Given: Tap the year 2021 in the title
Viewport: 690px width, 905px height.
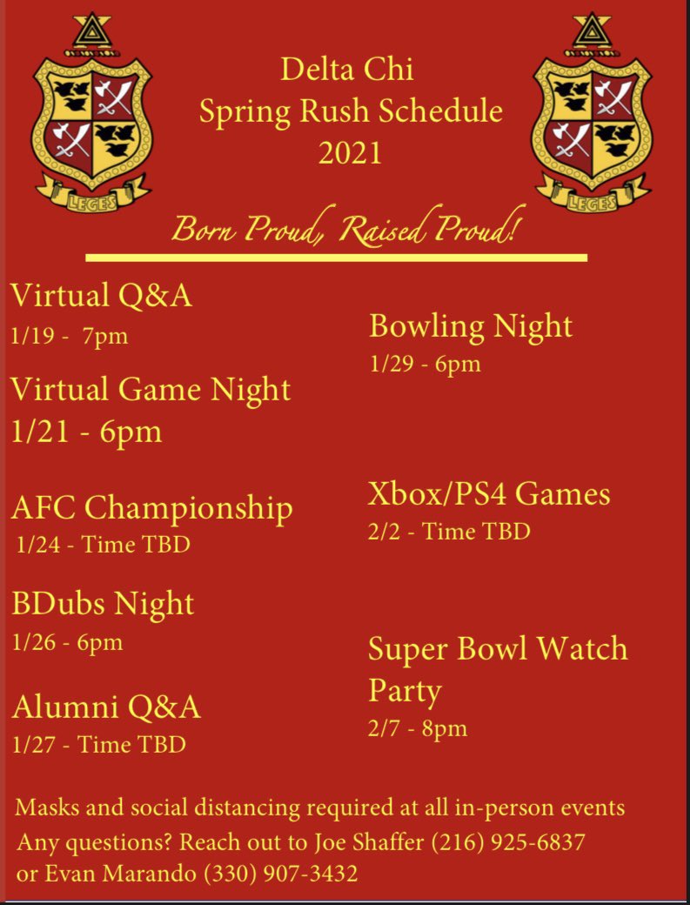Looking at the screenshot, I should [350, 153].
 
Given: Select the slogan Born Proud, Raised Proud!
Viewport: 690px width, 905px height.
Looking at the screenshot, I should [347, 230].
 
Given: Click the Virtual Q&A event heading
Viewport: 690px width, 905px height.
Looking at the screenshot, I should [101, 296].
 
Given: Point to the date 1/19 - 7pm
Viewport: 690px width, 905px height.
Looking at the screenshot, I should [70, 336].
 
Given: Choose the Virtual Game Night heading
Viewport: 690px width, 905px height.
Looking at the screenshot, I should [151, 388].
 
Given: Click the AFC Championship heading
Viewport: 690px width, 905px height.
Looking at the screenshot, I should [152, 507].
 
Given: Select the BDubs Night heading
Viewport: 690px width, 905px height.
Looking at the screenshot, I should [103, 603].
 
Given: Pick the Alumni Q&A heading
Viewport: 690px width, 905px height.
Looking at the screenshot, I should [106, 707].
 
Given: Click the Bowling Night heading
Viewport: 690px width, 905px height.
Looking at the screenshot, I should [471, 326].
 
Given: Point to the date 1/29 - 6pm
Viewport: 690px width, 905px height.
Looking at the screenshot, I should [425, 364].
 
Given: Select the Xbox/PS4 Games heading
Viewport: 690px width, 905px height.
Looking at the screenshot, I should [489, 494].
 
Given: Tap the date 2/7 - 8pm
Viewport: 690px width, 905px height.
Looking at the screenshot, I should [418, 727].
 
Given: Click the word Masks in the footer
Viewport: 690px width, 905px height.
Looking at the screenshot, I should [44, 808].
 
